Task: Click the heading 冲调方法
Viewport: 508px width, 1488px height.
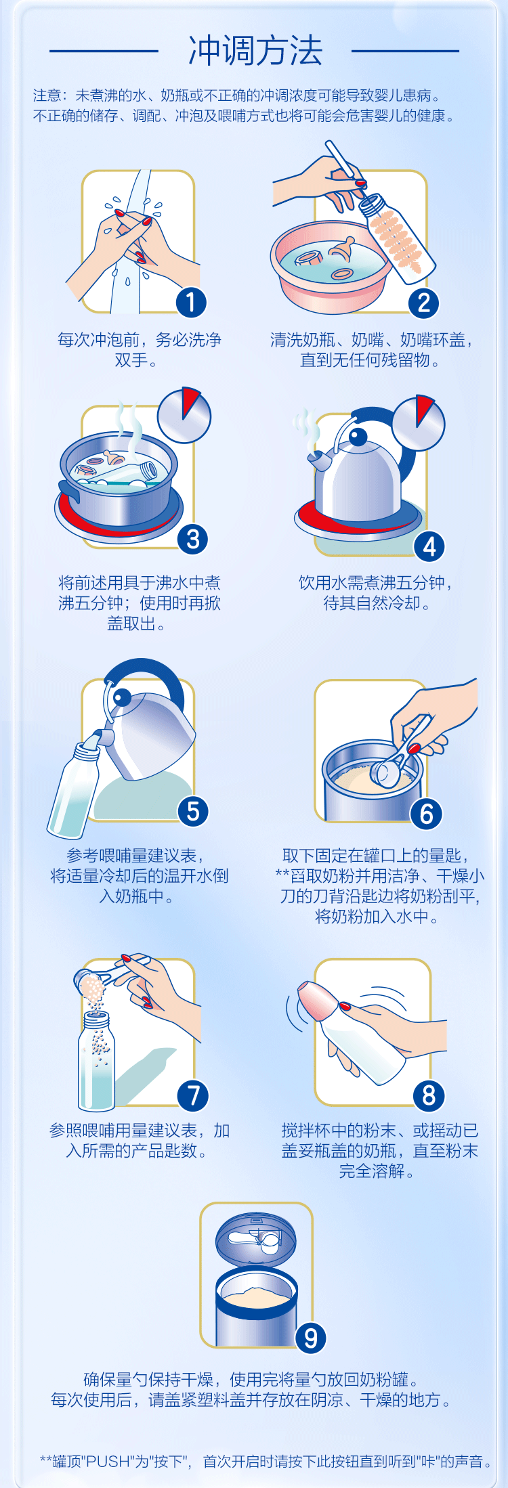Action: pyautogui.click(x=255, y=51)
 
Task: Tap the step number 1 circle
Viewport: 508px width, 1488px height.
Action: pyautogui.click(x=191, y=302)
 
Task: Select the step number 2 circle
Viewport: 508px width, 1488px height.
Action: pyautogui.click(x=424, y=302)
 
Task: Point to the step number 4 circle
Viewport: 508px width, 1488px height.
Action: pyautogui.click(x=429, y=546)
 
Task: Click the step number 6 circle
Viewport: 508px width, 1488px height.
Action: pyautogui.click(x=427, y=814)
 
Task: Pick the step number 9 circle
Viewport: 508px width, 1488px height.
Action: pyautogui.click(x=311, y=1338)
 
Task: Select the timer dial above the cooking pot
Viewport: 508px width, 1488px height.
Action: pyautogui.click(x=184, y=416)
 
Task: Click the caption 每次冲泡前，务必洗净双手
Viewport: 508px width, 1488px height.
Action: pyautogui.click(x=140, y=349)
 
